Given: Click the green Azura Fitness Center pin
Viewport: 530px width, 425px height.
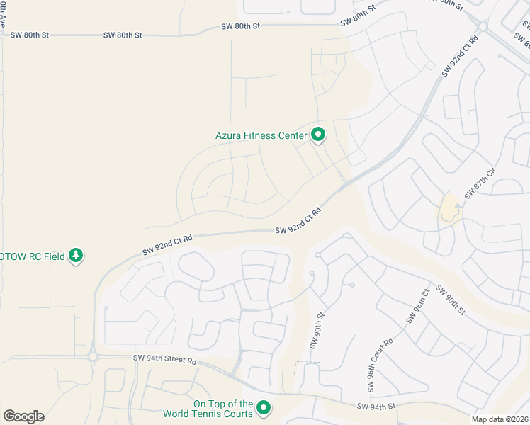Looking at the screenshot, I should pyautogui.click(x=318, y=134).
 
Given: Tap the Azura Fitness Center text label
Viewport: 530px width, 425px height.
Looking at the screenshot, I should pyautogui.click(x=261, y=135).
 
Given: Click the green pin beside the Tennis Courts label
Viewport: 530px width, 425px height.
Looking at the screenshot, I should pyautogui.click(x=264, y=407).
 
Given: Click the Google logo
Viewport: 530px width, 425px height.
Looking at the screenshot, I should pyautogui.click(x=23, y=416).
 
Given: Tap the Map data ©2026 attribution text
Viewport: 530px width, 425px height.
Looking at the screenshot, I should pyautogui.click(x=500, y=419).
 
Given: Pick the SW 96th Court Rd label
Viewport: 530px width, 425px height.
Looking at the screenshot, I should pyautogui.click(x=379, y=366).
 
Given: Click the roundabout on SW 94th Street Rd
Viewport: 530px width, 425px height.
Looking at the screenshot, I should pyautogui.click(x=93, y=357).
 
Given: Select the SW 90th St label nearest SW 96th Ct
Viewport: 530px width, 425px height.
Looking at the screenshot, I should pyautogui.click(x=450, y=300).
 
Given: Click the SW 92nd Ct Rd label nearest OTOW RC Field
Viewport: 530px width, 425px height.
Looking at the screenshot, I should pyautogui.click(x=167, y=243).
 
